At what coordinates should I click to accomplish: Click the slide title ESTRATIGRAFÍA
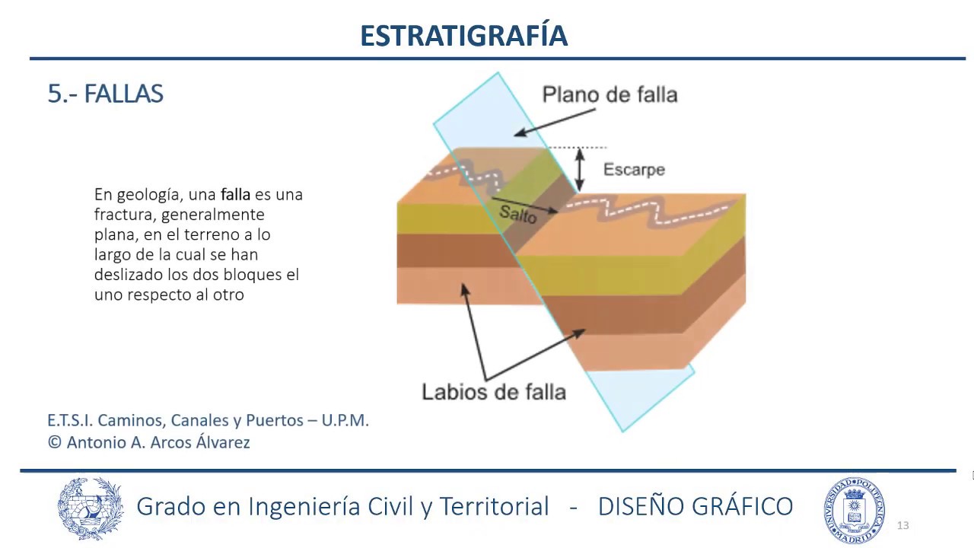(x=463, y=35)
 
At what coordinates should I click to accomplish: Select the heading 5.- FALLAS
(x=105, y=94)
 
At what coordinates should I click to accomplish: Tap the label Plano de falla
(x=609, y=94)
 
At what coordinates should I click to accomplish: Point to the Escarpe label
(x=634, y=170)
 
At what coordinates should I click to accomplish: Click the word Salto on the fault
(x=517, y=214)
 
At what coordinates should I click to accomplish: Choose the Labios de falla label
(x=494, y=392)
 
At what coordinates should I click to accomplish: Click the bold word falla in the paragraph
(x=235, y=195)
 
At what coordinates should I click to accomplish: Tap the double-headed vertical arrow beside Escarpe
(x=580, y=169)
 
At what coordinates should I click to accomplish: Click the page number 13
(x=903, y=525)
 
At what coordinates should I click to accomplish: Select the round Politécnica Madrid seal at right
(x=854, y=510)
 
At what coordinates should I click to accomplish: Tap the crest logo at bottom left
(x=91, y=508)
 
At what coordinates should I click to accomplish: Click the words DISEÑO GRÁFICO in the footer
(x=695, y=506)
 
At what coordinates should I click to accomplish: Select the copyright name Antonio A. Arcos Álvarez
(x=158, y=442)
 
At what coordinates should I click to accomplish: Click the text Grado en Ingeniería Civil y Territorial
(x=342, y=506)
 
